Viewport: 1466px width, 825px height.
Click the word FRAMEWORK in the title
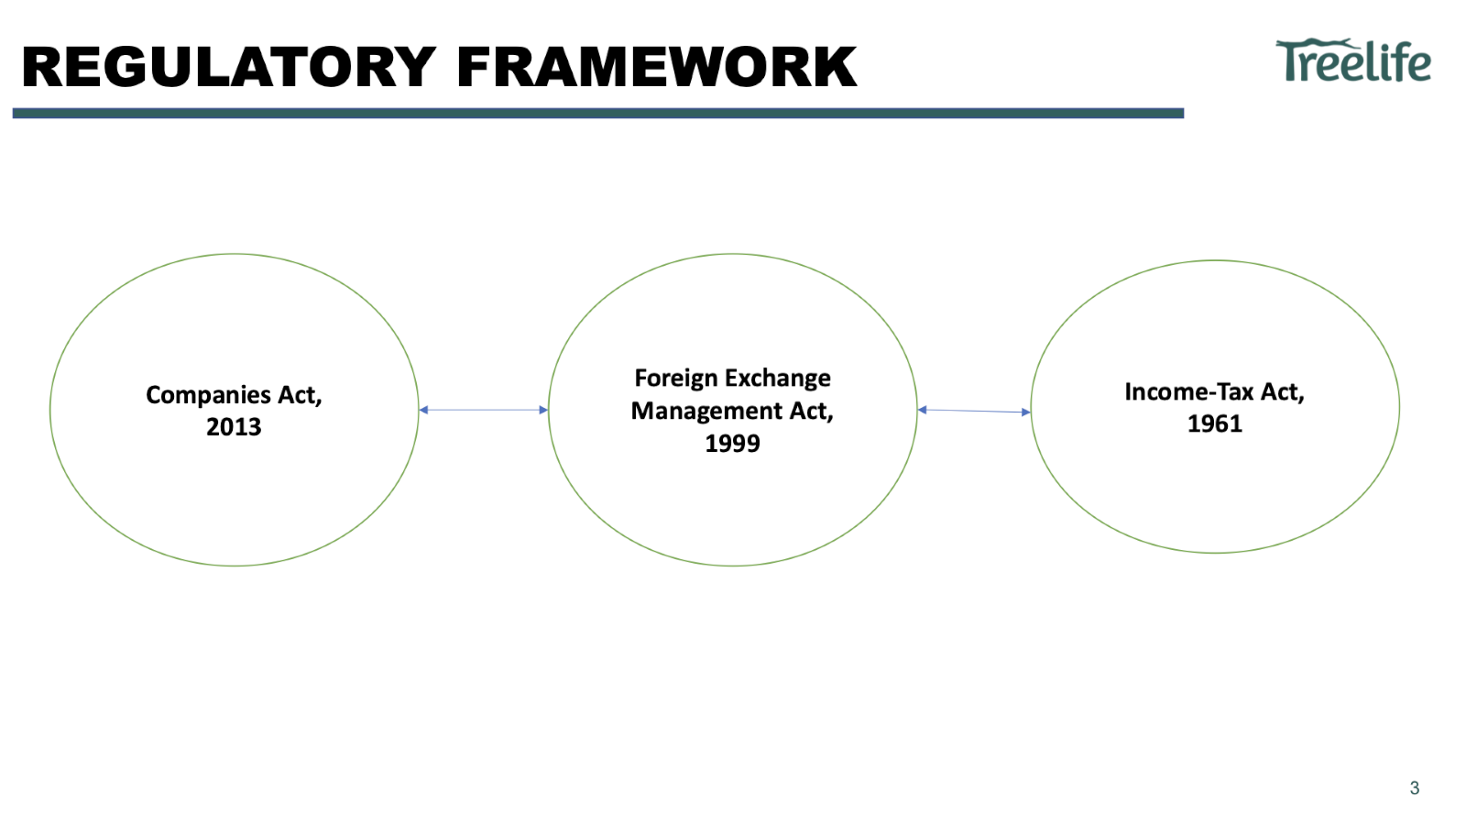point(656,67)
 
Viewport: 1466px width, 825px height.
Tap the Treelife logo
point(1353,61)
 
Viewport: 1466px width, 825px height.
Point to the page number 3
point(1415,787)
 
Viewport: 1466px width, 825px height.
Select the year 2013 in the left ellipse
point(234,427)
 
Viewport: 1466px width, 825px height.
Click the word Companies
point(208,395)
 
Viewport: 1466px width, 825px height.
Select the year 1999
point(732,444)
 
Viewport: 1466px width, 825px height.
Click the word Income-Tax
point(1188,392)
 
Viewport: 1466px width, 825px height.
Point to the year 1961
point(1215,423)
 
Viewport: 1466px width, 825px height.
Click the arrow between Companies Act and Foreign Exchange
point(483,410)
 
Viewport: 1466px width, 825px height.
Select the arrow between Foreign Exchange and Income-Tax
point(974,411)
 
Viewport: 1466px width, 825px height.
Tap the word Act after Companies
point(300,395)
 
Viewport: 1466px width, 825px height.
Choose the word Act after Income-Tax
point(1283,392)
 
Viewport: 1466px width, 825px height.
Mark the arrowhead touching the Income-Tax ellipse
point(1026,412)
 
